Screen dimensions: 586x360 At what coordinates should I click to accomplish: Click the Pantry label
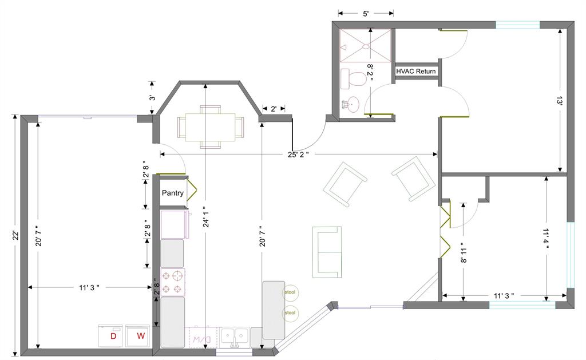tap(173, 193)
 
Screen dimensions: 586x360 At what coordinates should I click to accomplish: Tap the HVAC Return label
tap(416, 71)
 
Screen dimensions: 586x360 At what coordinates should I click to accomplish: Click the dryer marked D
tap(112, 336)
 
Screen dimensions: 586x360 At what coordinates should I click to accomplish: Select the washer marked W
tap(138, 336)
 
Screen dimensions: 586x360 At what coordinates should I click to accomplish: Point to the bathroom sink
tap(351, 104)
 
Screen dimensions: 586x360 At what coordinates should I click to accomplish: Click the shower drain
tap(366, 47)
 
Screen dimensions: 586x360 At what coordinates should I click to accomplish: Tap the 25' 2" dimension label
tap(298, 155)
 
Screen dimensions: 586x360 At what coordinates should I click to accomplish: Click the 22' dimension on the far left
tap(15, 235)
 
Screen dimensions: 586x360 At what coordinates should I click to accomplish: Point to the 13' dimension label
tap(560, 101)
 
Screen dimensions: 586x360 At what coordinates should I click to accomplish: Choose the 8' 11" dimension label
tap(464, 255)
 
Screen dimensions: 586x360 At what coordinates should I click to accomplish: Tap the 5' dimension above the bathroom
tap(366, 14)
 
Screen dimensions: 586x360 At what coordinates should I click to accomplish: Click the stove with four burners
tap(173, 282)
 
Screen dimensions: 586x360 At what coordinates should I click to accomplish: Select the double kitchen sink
tap(235, 337)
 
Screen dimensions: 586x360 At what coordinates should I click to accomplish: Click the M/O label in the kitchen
tap(202, 339)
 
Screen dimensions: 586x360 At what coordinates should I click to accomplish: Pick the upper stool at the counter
tap(290, 292)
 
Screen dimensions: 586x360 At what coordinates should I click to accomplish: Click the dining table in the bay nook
tap(210, 127)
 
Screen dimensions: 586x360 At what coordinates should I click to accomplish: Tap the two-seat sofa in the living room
tap(327, 252)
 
